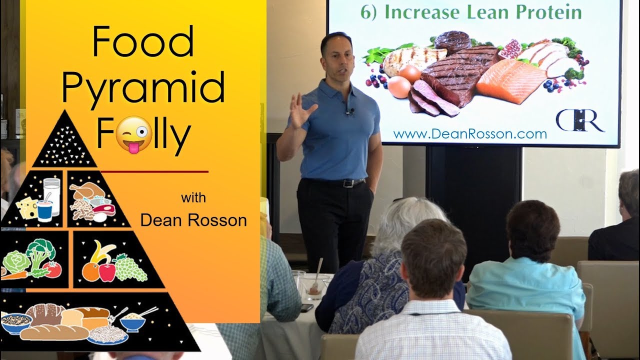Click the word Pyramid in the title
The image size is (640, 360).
[x=143, y=88]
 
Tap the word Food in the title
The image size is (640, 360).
[x=142, y=42]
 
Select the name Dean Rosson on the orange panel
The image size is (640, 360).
[x=193, y=220]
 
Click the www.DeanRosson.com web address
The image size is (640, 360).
[x=470, y=134]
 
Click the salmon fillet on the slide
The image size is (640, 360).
[x=510, y=80]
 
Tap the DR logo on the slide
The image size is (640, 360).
[x=580, y=120]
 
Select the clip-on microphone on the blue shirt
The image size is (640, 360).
[x=351, y=111]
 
